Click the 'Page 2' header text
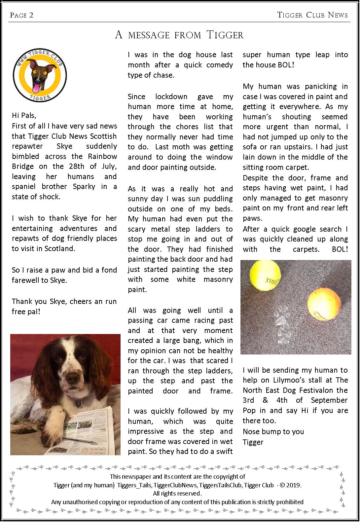(22, 15)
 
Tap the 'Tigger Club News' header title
(312, 15)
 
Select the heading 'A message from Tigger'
(179, 35)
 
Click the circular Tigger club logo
(40, 75)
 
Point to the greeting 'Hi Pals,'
(24, 116)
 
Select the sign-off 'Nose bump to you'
(273, 432)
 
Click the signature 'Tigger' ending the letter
(253, 442)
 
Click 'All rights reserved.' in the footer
(177, 494)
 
